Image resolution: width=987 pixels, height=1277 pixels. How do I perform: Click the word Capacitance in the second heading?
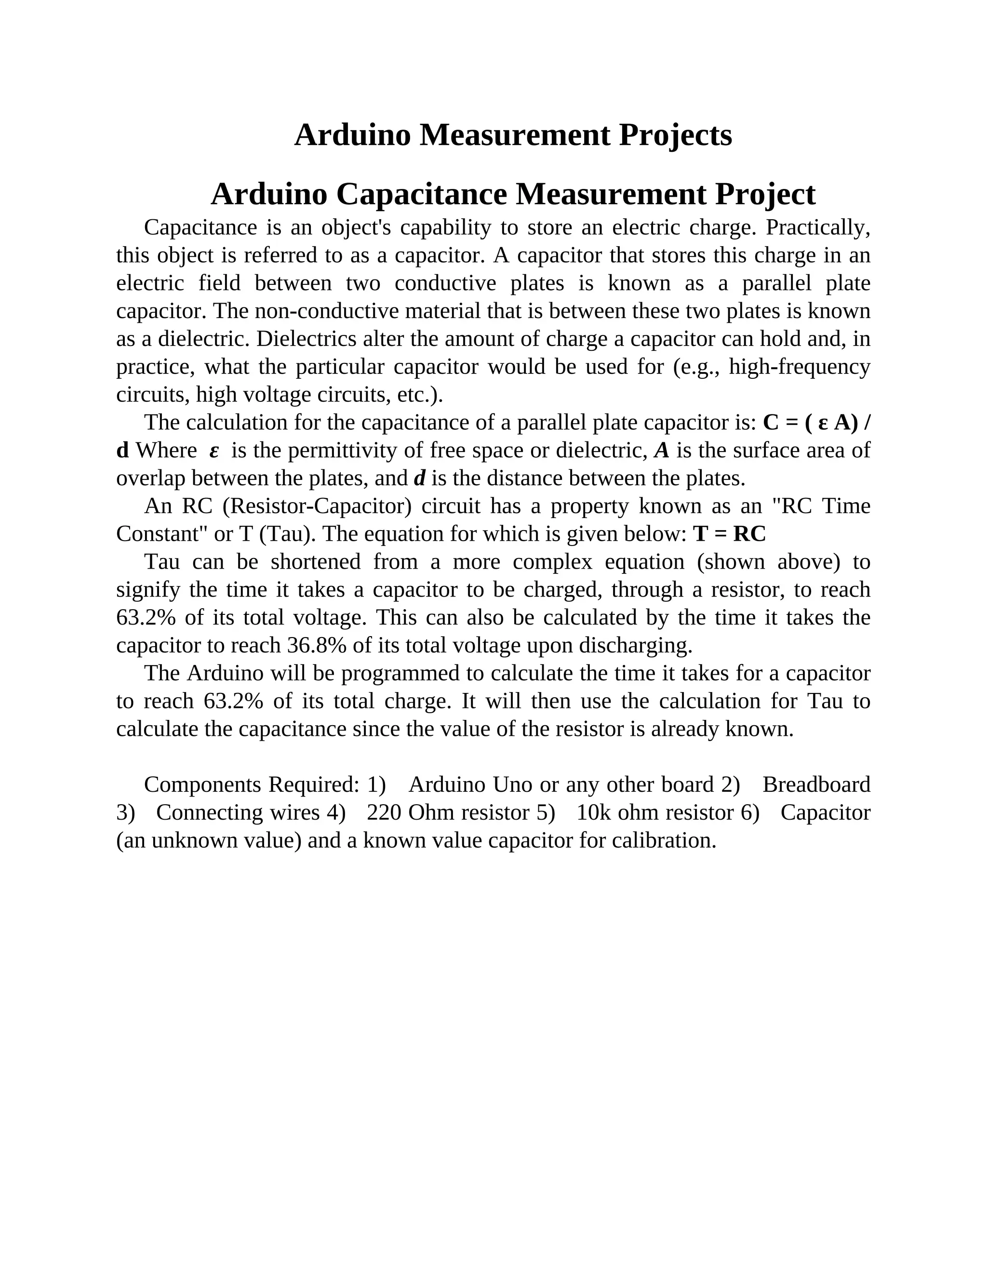click(x=421, y=194)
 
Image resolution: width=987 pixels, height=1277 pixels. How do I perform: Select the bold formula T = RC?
click(x=729, y=534)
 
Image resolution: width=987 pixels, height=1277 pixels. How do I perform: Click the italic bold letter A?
click(x=661, y=451)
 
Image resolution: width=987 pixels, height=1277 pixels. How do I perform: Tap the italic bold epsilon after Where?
click(x=214, y=451)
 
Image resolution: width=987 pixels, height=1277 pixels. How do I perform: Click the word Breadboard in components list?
click(x=816, y=785)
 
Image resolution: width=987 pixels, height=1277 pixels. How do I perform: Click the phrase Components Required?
click(x=252, y=785)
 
